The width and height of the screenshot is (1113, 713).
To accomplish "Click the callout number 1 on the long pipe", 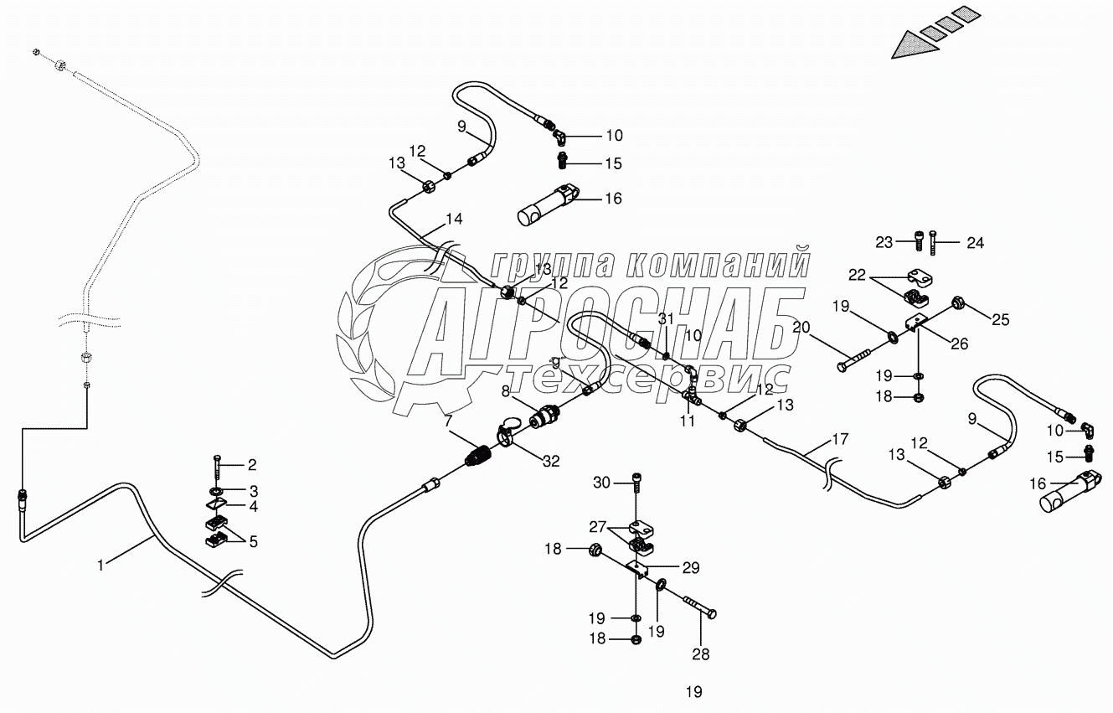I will coord(100,566).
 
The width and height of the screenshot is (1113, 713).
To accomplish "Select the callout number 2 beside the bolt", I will coord(252,464).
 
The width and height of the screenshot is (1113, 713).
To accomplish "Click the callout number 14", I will coord(454,220).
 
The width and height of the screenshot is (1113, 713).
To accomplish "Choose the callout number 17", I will coord(840,438).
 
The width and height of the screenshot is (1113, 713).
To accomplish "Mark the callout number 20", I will coord(801,327).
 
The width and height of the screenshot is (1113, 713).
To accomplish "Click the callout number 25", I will coord(1002,319).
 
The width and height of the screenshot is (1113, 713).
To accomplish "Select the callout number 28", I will coord(700,654).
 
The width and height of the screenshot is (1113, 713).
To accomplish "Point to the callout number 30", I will coord(602,482).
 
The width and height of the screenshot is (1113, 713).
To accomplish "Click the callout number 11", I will coord(688,421).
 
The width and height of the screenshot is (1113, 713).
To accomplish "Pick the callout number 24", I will coord(976,244).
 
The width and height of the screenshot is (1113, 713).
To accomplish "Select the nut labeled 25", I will coord(960,302).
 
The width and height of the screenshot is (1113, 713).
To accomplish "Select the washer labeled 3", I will coord(216,489).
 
